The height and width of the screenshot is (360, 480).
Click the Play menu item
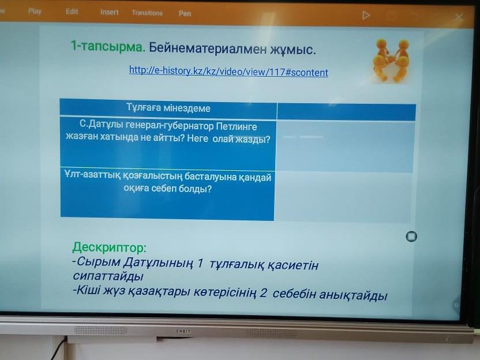35,12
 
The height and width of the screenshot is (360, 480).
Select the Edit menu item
72,12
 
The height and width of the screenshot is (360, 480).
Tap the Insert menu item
109,12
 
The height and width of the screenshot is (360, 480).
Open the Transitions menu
147,13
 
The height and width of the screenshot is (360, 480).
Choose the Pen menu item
185,13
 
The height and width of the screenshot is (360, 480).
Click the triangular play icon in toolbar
366,16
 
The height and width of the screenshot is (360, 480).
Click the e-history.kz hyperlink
228,72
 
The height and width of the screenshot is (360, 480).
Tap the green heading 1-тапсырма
108,46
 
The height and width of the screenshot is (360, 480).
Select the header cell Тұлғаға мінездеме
168,108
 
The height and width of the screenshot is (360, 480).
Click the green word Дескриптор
109,247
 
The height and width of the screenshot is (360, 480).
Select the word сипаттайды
108,276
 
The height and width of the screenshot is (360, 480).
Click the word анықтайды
353,295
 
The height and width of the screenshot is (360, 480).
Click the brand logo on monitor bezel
183,331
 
